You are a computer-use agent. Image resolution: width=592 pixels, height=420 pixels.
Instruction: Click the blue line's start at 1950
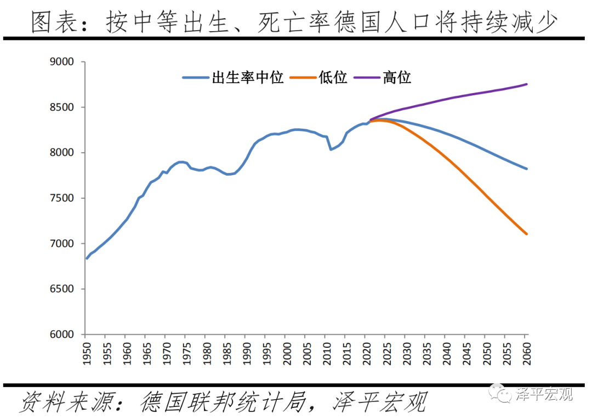tap(87, 258)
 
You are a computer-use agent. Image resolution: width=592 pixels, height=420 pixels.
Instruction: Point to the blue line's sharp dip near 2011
tap(331, 149)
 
